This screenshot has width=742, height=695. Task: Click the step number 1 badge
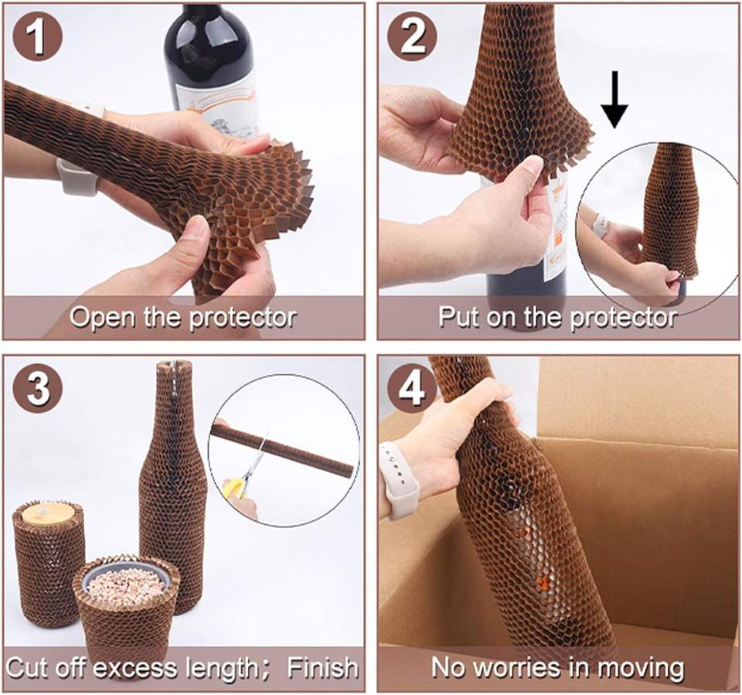click(37, 37)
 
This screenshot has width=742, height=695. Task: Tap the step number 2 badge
click(412, 37)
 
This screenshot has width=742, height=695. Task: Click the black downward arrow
click(614, 100)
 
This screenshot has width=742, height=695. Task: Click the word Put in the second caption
click(458, 317)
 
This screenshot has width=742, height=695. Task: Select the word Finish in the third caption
click(323, 667)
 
